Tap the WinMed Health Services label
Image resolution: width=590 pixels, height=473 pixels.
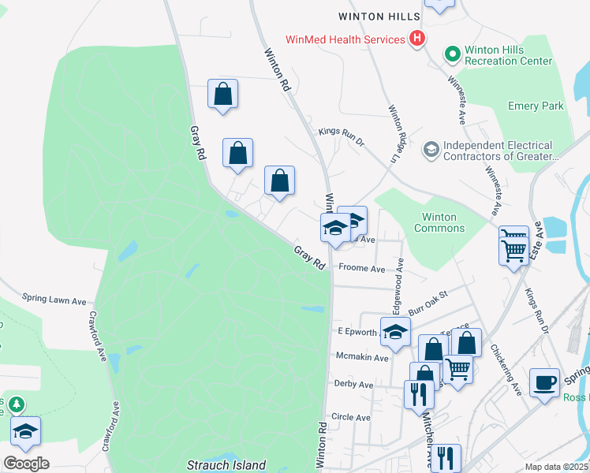[345, 39]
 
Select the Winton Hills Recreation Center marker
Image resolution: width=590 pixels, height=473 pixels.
[452, 54]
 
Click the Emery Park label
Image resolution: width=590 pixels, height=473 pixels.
[536, 106]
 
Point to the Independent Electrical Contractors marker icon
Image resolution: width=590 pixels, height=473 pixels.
[431, 149]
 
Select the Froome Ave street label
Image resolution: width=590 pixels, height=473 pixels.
[361, 269]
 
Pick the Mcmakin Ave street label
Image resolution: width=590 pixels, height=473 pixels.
[362, 358]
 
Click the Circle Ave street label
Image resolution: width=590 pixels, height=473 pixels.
[351, 417]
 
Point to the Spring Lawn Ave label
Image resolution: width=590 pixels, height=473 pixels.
[54, 300]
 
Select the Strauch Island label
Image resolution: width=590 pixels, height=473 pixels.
[226, 465]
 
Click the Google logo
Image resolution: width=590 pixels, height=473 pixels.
[26, 464]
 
